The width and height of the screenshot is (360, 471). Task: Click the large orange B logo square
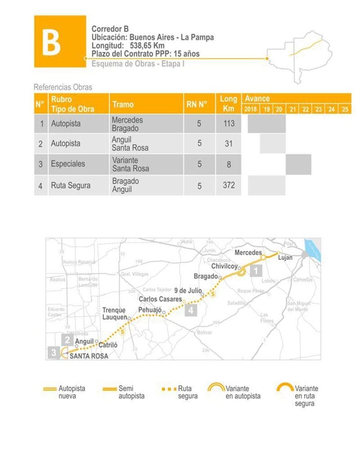(60, 41)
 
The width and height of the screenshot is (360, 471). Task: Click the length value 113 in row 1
(229, 123)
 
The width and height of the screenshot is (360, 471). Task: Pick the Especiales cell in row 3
(68, 164)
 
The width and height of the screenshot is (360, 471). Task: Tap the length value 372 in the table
(229, 185)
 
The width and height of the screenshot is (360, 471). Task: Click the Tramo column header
(123, 104)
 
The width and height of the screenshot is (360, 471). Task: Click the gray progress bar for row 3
(298, 164)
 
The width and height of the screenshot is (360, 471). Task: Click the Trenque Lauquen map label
(114, 314)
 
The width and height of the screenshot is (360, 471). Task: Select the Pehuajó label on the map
(150, 310)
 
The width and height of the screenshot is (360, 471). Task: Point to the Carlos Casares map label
(160, 299)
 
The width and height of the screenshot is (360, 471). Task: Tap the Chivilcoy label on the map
(224, 266)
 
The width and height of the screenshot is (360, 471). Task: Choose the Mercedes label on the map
(248, 253)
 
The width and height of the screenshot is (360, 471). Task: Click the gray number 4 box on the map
(191, 310)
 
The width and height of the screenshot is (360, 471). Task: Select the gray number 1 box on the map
(256, 271)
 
